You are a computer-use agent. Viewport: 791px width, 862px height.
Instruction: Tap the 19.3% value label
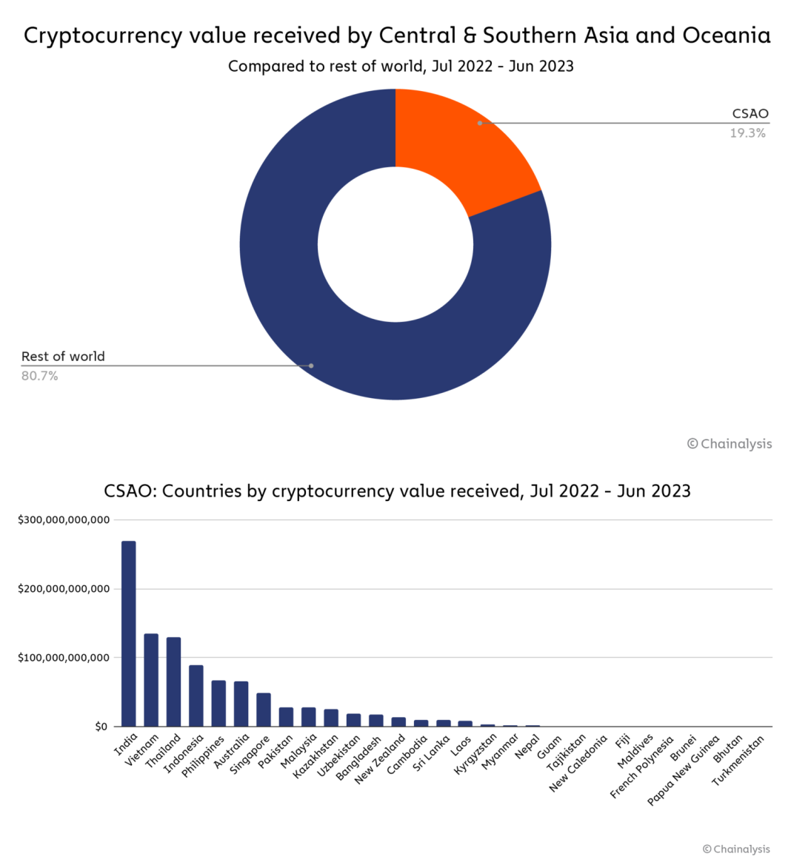click(747, 133)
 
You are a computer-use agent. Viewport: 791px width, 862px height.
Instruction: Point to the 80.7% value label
click(40, 376)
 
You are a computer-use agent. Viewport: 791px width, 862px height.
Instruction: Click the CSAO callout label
click(750, 113)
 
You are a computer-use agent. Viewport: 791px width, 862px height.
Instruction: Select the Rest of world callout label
click(63, 356)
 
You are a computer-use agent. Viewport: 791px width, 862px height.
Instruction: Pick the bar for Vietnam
click(151, 680)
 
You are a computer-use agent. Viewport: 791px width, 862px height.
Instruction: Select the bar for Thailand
click(173, 681)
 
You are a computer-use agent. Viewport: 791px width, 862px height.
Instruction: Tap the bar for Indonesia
click(196, 696)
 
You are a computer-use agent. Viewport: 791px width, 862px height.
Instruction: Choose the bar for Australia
click(241, 704)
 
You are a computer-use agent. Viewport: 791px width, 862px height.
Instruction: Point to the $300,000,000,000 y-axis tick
click(64, 520)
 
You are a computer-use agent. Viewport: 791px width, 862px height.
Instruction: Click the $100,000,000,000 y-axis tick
click(64, 658)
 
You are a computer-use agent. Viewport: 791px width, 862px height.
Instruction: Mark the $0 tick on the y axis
click(101, 727)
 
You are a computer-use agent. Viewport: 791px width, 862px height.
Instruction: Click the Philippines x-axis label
click(204, 755)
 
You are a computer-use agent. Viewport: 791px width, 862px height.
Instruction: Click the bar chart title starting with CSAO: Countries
click(397, 491)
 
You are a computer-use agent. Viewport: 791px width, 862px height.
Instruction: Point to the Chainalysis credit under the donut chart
click(730, 444)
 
